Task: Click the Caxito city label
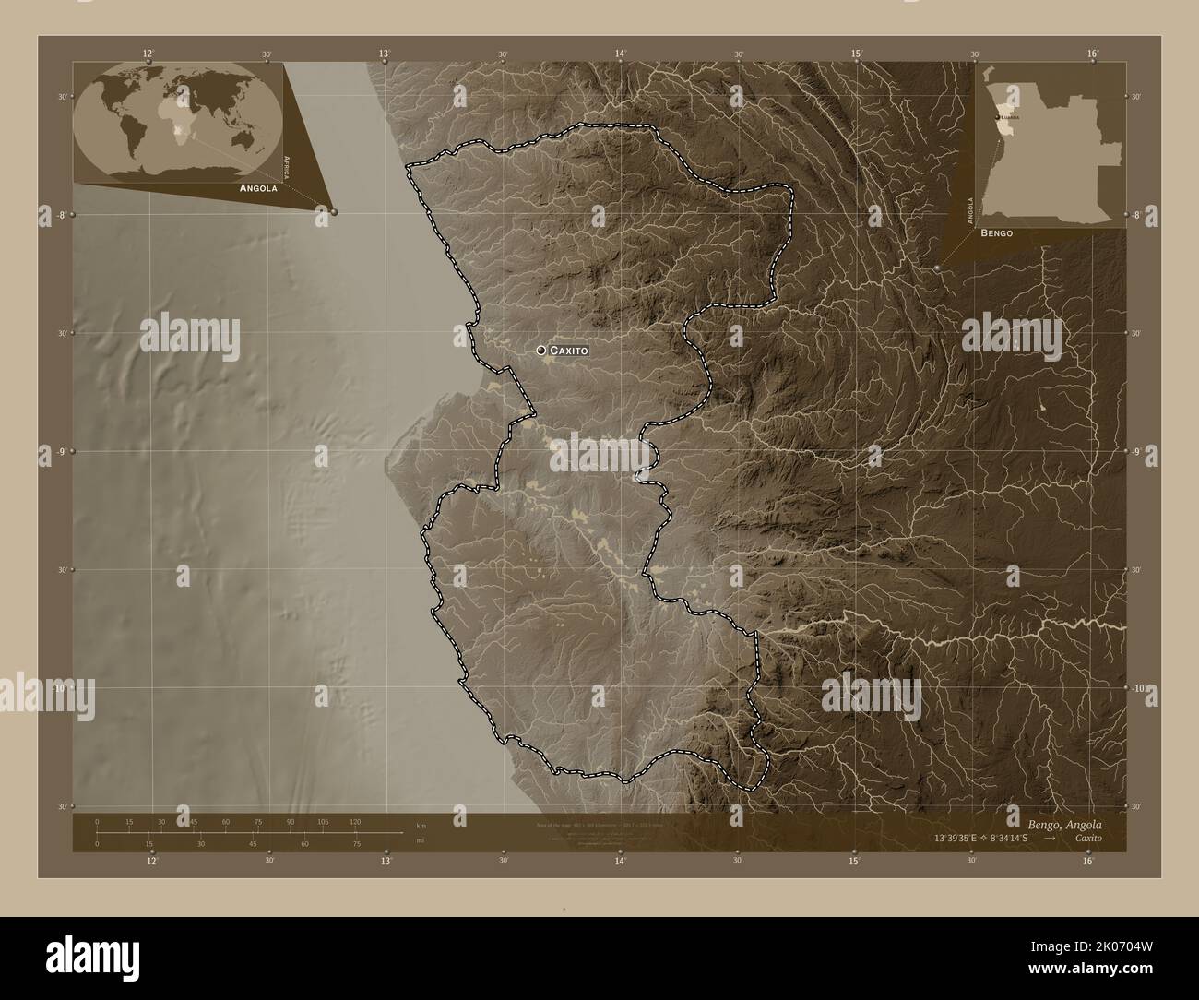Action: click(567, 351)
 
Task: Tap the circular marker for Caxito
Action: click(540, 351)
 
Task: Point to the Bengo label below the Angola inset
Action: click(997, 233)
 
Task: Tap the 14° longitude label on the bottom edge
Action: click(621, 861)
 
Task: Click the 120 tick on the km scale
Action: click(355, 821)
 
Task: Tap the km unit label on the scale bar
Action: click(421, 825)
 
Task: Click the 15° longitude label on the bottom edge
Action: click(855, 861)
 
